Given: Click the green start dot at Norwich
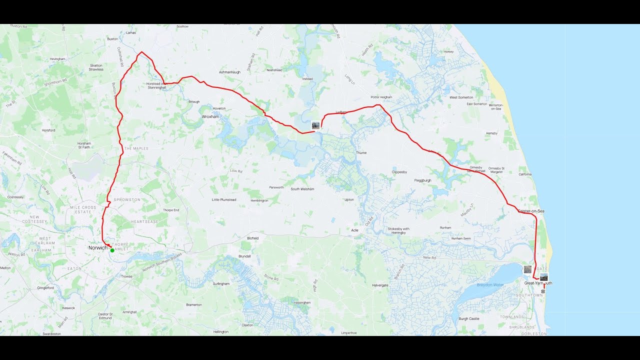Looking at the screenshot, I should pyautogui.click(x=112, y=250).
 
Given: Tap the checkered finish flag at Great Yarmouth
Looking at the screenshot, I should pyautogui.click(x=543, y=291).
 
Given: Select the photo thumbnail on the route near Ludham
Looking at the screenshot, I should pyautogui.click(x=315, y=125).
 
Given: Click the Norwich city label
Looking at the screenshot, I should pyautogui.click(x=97, y=248).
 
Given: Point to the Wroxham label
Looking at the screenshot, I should pyautogui.click(x=210, y=116).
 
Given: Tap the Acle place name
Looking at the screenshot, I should pyautogui.click(x=354, y=230).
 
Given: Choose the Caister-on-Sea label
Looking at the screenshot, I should pyautogui.click(x=531, y=211).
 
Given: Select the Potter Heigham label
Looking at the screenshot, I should pyautogui.click(x=381, y=97).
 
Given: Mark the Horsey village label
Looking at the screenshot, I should pyautogui.click(x=448, y=51).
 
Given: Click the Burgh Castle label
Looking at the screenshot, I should pyautogui.click(x=469, y=318).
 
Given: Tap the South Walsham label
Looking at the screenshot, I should pyautogui.click(x=302, y=189).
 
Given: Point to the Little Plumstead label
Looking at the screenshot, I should pyautogui.click(x=224, y=199).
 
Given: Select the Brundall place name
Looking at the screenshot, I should pyautogui.click(x=244, y=256).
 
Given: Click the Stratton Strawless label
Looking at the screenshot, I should pyautogui.click(x=96, y=67).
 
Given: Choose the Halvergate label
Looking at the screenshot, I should pyautogui.click(x=380, y=285).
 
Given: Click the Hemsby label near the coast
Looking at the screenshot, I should pyautogui.click(x=491, y=133).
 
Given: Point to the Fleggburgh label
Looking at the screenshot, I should pyautogui.click(x=422, y=180).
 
